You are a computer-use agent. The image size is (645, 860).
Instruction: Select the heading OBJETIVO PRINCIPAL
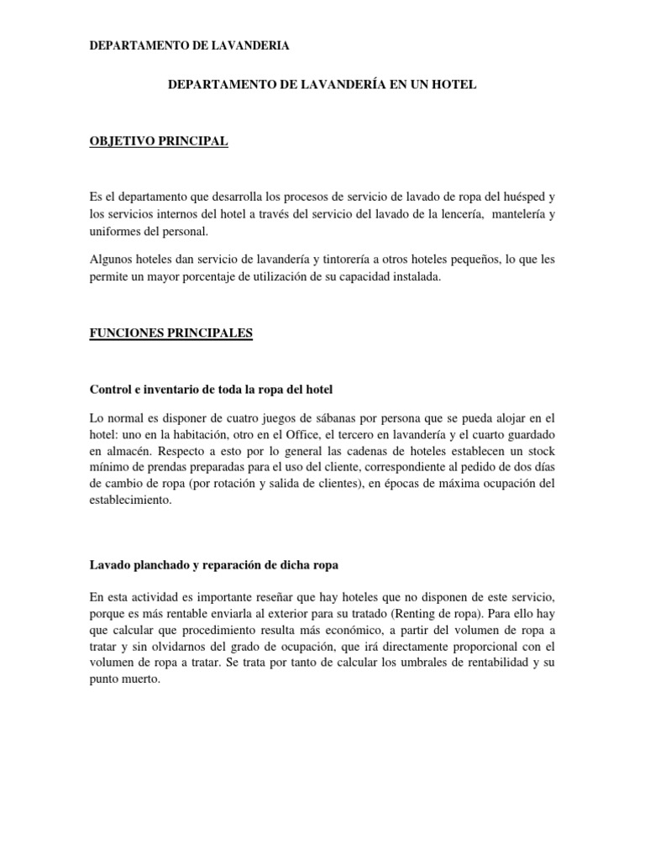coord(159,141)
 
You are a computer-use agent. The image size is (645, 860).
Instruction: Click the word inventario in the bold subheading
coord(171,389)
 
